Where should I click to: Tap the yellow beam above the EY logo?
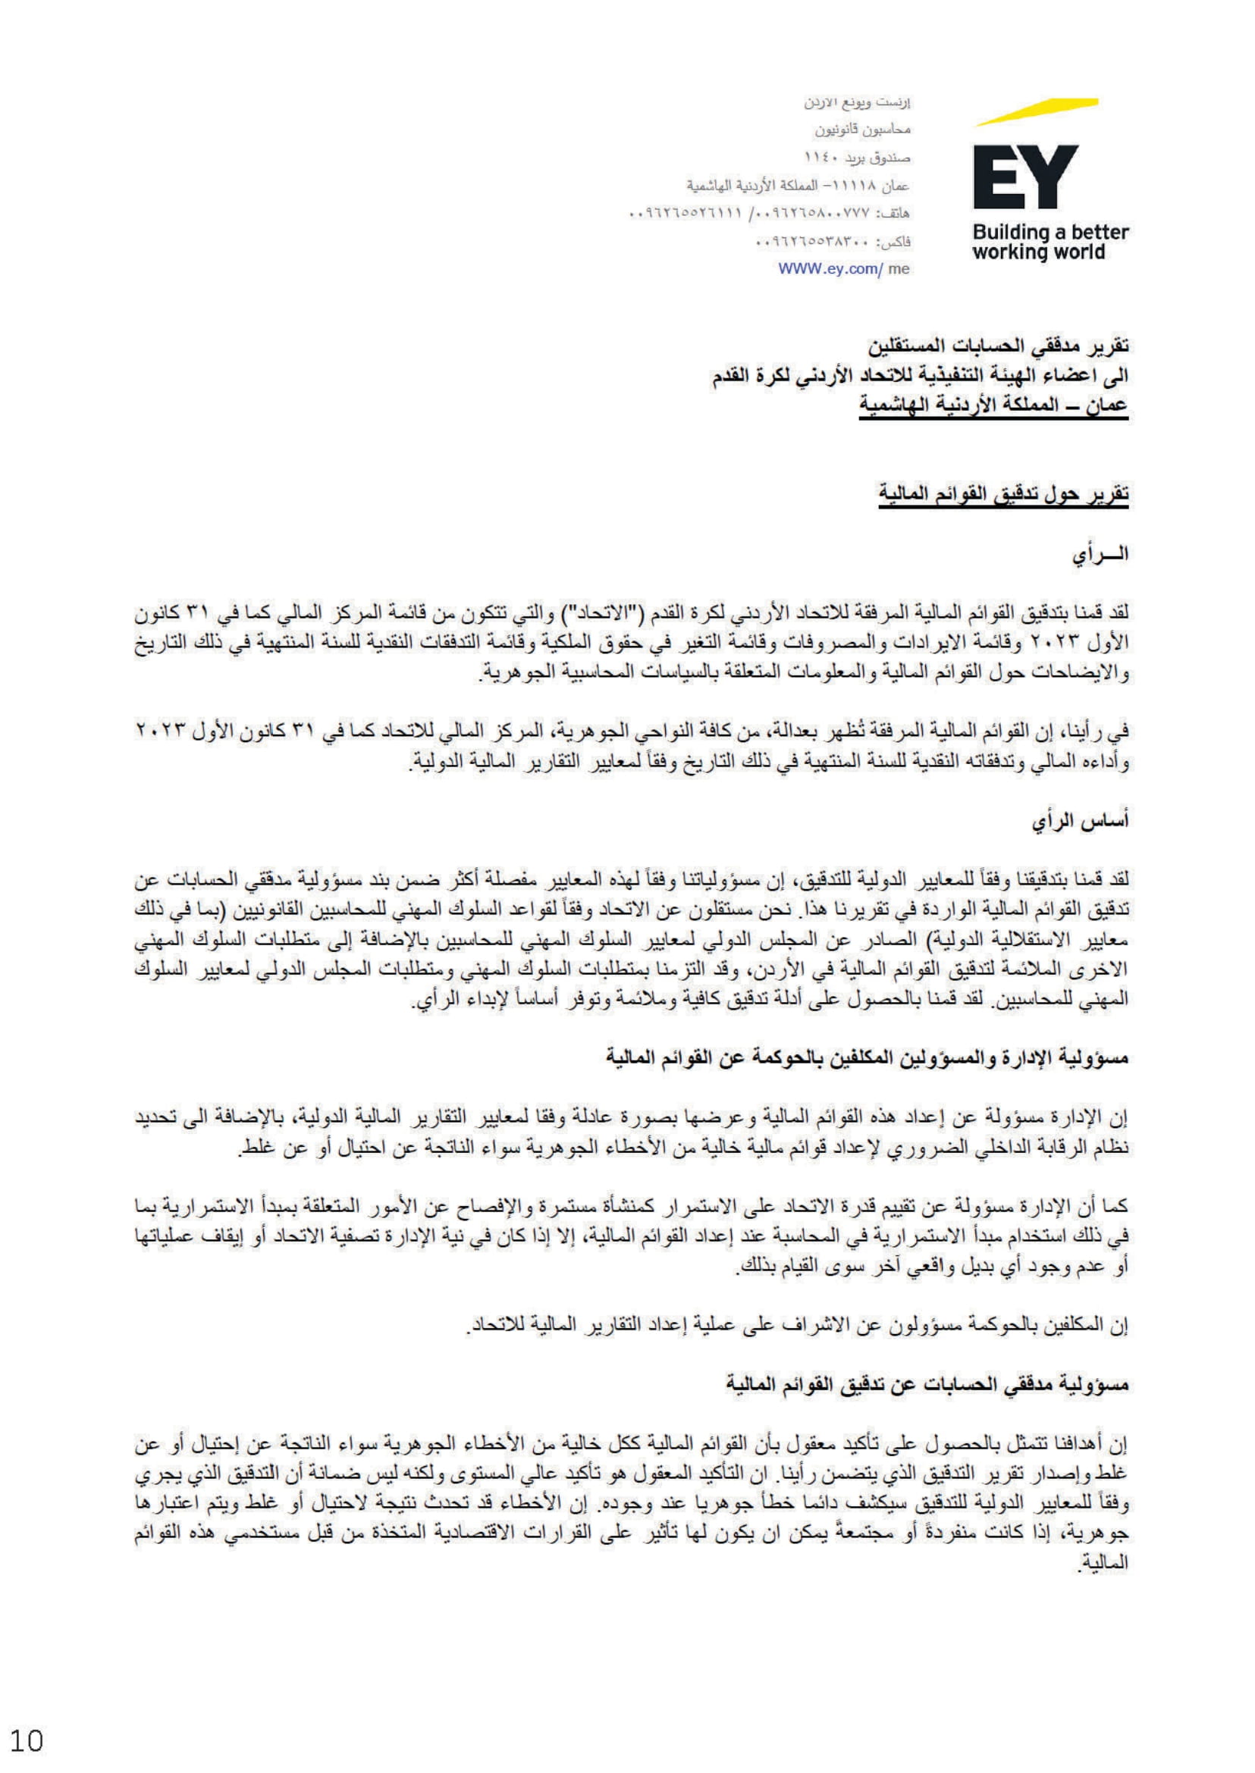[x=1037, y=111]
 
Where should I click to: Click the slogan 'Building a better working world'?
[x=1049, y=242]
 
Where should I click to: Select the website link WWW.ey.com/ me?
[x=843, y=269]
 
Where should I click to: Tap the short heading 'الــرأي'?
[x=1099, y=555]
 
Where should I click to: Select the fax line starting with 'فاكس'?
[x=833, y=241]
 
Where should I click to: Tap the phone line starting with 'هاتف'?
[x=770, y=212]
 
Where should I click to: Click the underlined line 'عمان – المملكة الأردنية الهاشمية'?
[x=994, y=404]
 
